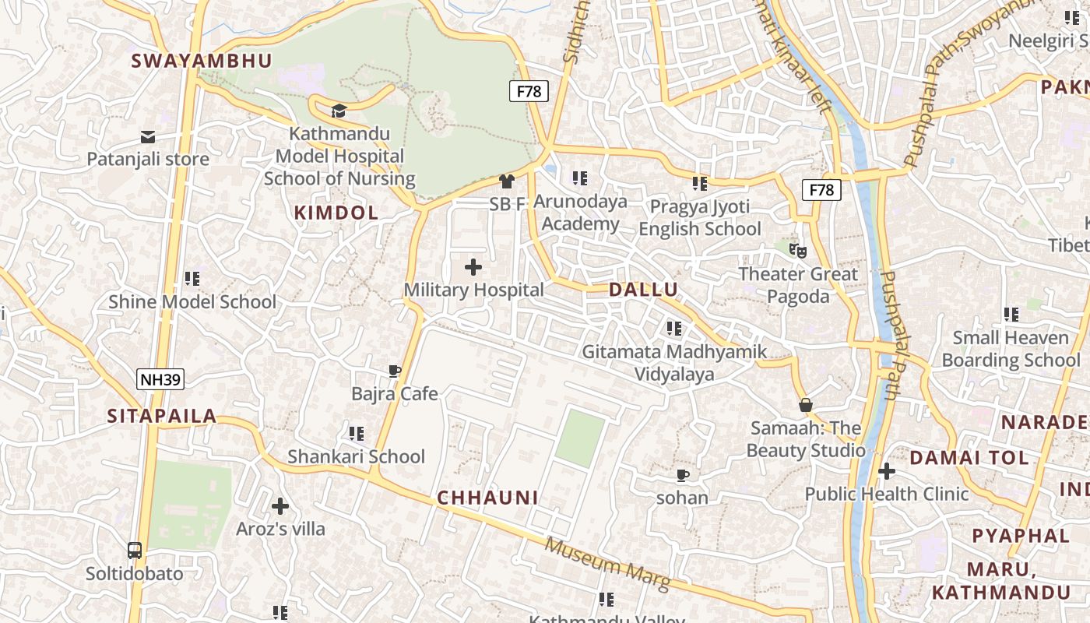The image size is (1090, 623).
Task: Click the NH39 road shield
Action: click(x=160, y=380)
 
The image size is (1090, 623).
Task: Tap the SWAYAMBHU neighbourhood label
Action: click(x=202, y=61)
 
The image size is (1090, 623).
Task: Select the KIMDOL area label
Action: click(x=336, y=213)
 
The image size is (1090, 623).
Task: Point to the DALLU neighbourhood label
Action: click(x=643, y=290)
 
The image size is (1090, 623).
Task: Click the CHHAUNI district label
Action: click(x=488, y=498)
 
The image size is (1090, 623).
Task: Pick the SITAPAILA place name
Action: click(x=162, y=416)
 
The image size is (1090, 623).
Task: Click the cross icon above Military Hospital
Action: click(x=473, y=268)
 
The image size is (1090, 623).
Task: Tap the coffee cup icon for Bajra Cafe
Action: click(x=395, y=371)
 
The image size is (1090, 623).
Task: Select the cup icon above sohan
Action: click(x=683, y=475)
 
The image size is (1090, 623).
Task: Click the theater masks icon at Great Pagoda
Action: click(x=797, y=251)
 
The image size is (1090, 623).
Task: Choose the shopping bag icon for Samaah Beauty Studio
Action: click(x=806, y=405)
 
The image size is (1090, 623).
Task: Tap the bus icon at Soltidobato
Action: click(x=135, y=551)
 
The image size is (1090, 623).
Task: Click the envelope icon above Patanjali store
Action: click(x=148, y=137)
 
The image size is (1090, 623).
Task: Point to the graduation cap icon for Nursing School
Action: click(x=339, y=111)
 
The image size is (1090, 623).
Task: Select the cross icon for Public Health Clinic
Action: click(x=886, y=471)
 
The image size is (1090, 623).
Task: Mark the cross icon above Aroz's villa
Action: click(x=280, y=506)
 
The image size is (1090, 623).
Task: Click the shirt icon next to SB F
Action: click(x=507, y=181)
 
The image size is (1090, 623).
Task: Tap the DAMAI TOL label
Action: click(x=969, y=458)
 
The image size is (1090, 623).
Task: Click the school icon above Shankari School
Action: click(x=357, y=433)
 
